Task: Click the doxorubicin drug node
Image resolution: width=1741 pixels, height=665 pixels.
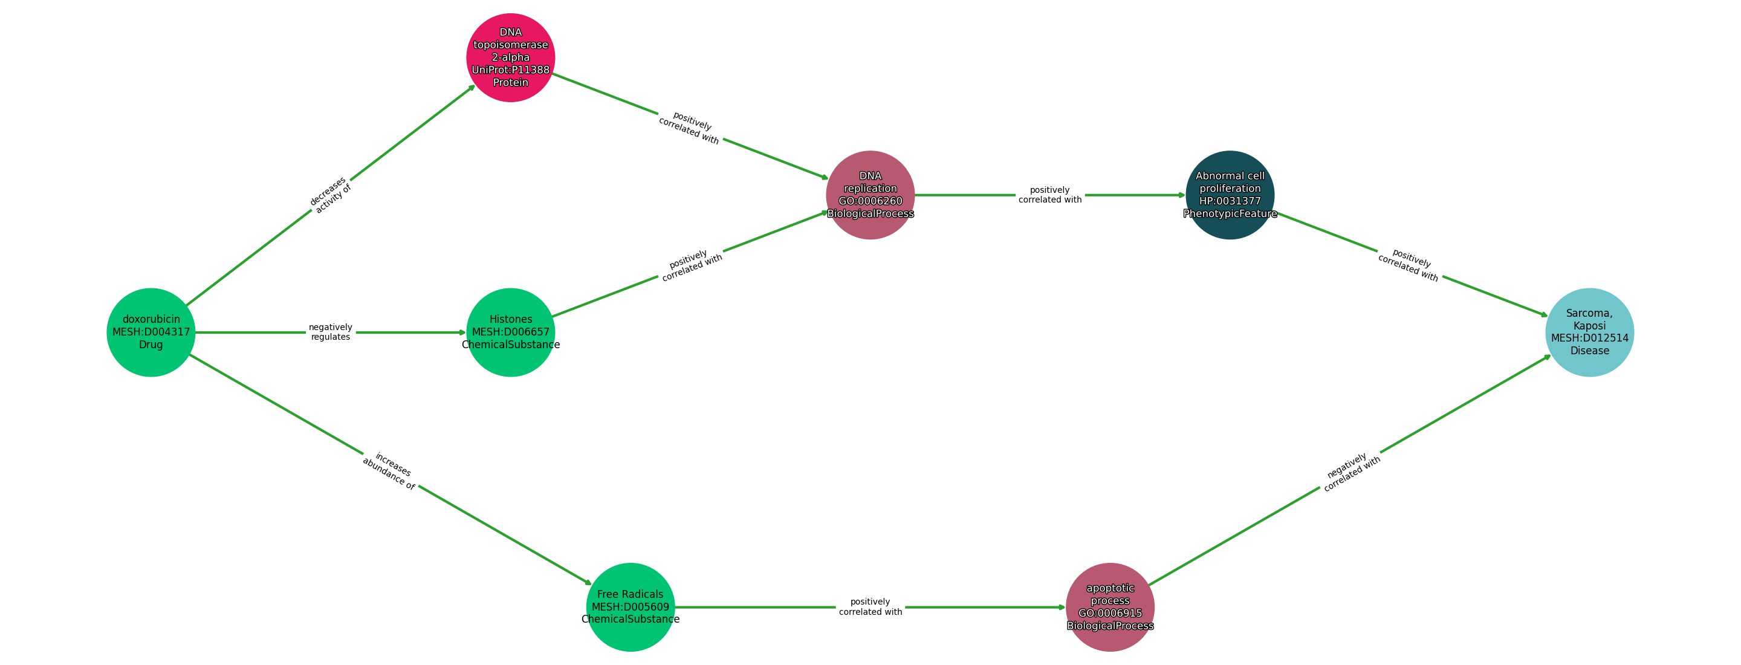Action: click(151, 332)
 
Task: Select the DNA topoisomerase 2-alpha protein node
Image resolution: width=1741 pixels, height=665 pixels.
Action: click(510, 57)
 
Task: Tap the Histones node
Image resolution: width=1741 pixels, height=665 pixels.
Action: click(510, 332)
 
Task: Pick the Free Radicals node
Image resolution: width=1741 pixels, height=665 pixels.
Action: click(630, 607)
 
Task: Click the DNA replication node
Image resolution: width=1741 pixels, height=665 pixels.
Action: click(870, 195)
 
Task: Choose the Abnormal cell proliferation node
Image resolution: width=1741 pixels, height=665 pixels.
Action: click(1230, 195)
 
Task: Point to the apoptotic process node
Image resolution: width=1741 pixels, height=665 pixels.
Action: click(1110, 607)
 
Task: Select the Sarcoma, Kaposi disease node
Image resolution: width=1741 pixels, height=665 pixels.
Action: click(1589, 332)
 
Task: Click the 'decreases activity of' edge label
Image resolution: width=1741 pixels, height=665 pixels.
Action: click(331, 195)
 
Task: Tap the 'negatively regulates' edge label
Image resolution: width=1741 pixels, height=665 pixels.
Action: click(331, 332)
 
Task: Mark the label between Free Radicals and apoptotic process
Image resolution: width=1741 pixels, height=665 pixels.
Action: click(870, 607)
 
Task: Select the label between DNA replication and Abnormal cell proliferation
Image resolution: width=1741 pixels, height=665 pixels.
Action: click(1049, 195)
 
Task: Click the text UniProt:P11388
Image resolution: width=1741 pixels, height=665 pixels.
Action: click(510, 70)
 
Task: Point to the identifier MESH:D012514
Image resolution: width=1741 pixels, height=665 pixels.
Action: click(1589, 338)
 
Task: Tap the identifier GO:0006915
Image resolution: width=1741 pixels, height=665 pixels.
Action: click(1110, 614)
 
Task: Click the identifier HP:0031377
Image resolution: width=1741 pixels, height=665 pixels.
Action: click(1230, 201)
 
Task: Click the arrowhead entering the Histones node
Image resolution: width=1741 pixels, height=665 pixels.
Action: click(462, 332)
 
